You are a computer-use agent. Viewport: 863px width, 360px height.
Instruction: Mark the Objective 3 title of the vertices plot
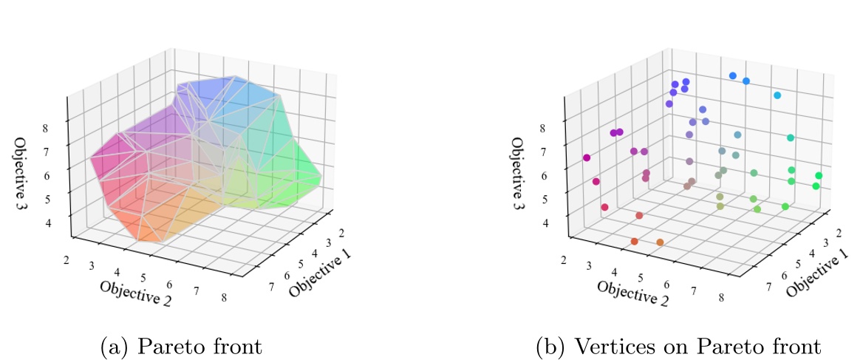(x=519, y=173)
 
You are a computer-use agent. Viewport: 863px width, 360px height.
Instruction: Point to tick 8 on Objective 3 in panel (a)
(x=55, y=127)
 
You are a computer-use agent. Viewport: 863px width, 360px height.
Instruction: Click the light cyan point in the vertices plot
(x=777, y=95)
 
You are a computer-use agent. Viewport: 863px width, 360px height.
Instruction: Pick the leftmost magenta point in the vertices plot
(x=587, y=157)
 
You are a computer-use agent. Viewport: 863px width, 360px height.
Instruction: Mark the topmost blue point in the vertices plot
(x=732, y=75)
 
